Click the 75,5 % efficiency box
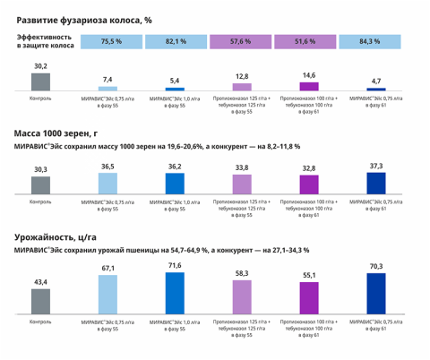coord(111,41)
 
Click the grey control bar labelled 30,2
coord(41,81)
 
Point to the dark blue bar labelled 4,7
coord(377,90)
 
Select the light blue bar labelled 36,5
coord(107,184)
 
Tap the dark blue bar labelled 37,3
coord(377,183)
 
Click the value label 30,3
coord(41,169)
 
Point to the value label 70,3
coord(377,266)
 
